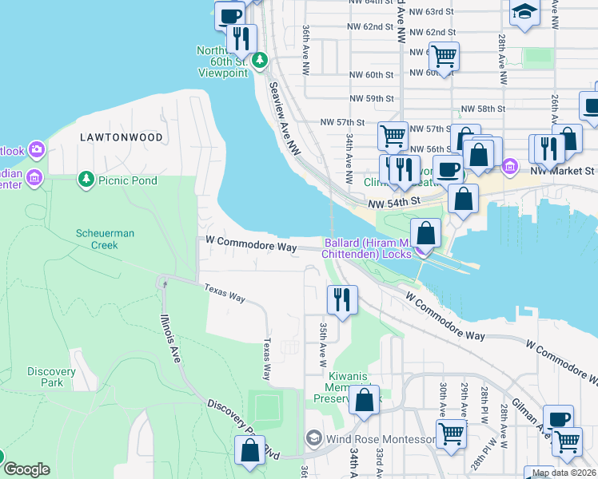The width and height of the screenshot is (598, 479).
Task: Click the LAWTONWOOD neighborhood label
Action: [122, 137]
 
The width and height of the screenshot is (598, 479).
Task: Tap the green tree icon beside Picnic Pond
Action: [86, 180]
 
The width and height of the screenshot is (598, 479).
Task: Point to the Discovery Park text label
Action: [51, 377]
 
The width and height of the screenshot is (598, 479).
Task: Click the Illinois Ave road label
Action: [169, 336]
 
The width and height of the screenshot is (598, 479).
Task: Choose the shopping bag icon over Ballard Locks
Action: [427, 233]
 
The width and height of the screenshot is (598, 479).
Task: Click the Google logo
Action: [26, 469]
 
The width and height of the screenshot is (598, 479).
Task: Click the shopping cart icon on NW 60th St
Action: [443, 56]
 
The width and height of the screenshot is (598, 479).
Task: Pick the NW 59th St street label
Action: [372, 98]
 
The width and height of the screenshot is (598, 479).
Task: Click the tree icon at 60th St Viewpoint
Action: [259, 60]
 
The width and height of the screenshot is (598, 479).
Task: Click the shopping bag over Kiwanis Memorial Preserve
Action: [365, 401]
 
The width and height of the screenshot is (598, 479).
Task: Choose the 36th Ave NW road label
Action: [306, 49]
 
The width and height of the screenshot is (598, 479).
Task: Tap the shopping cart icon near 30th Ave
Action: [451, 433]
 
